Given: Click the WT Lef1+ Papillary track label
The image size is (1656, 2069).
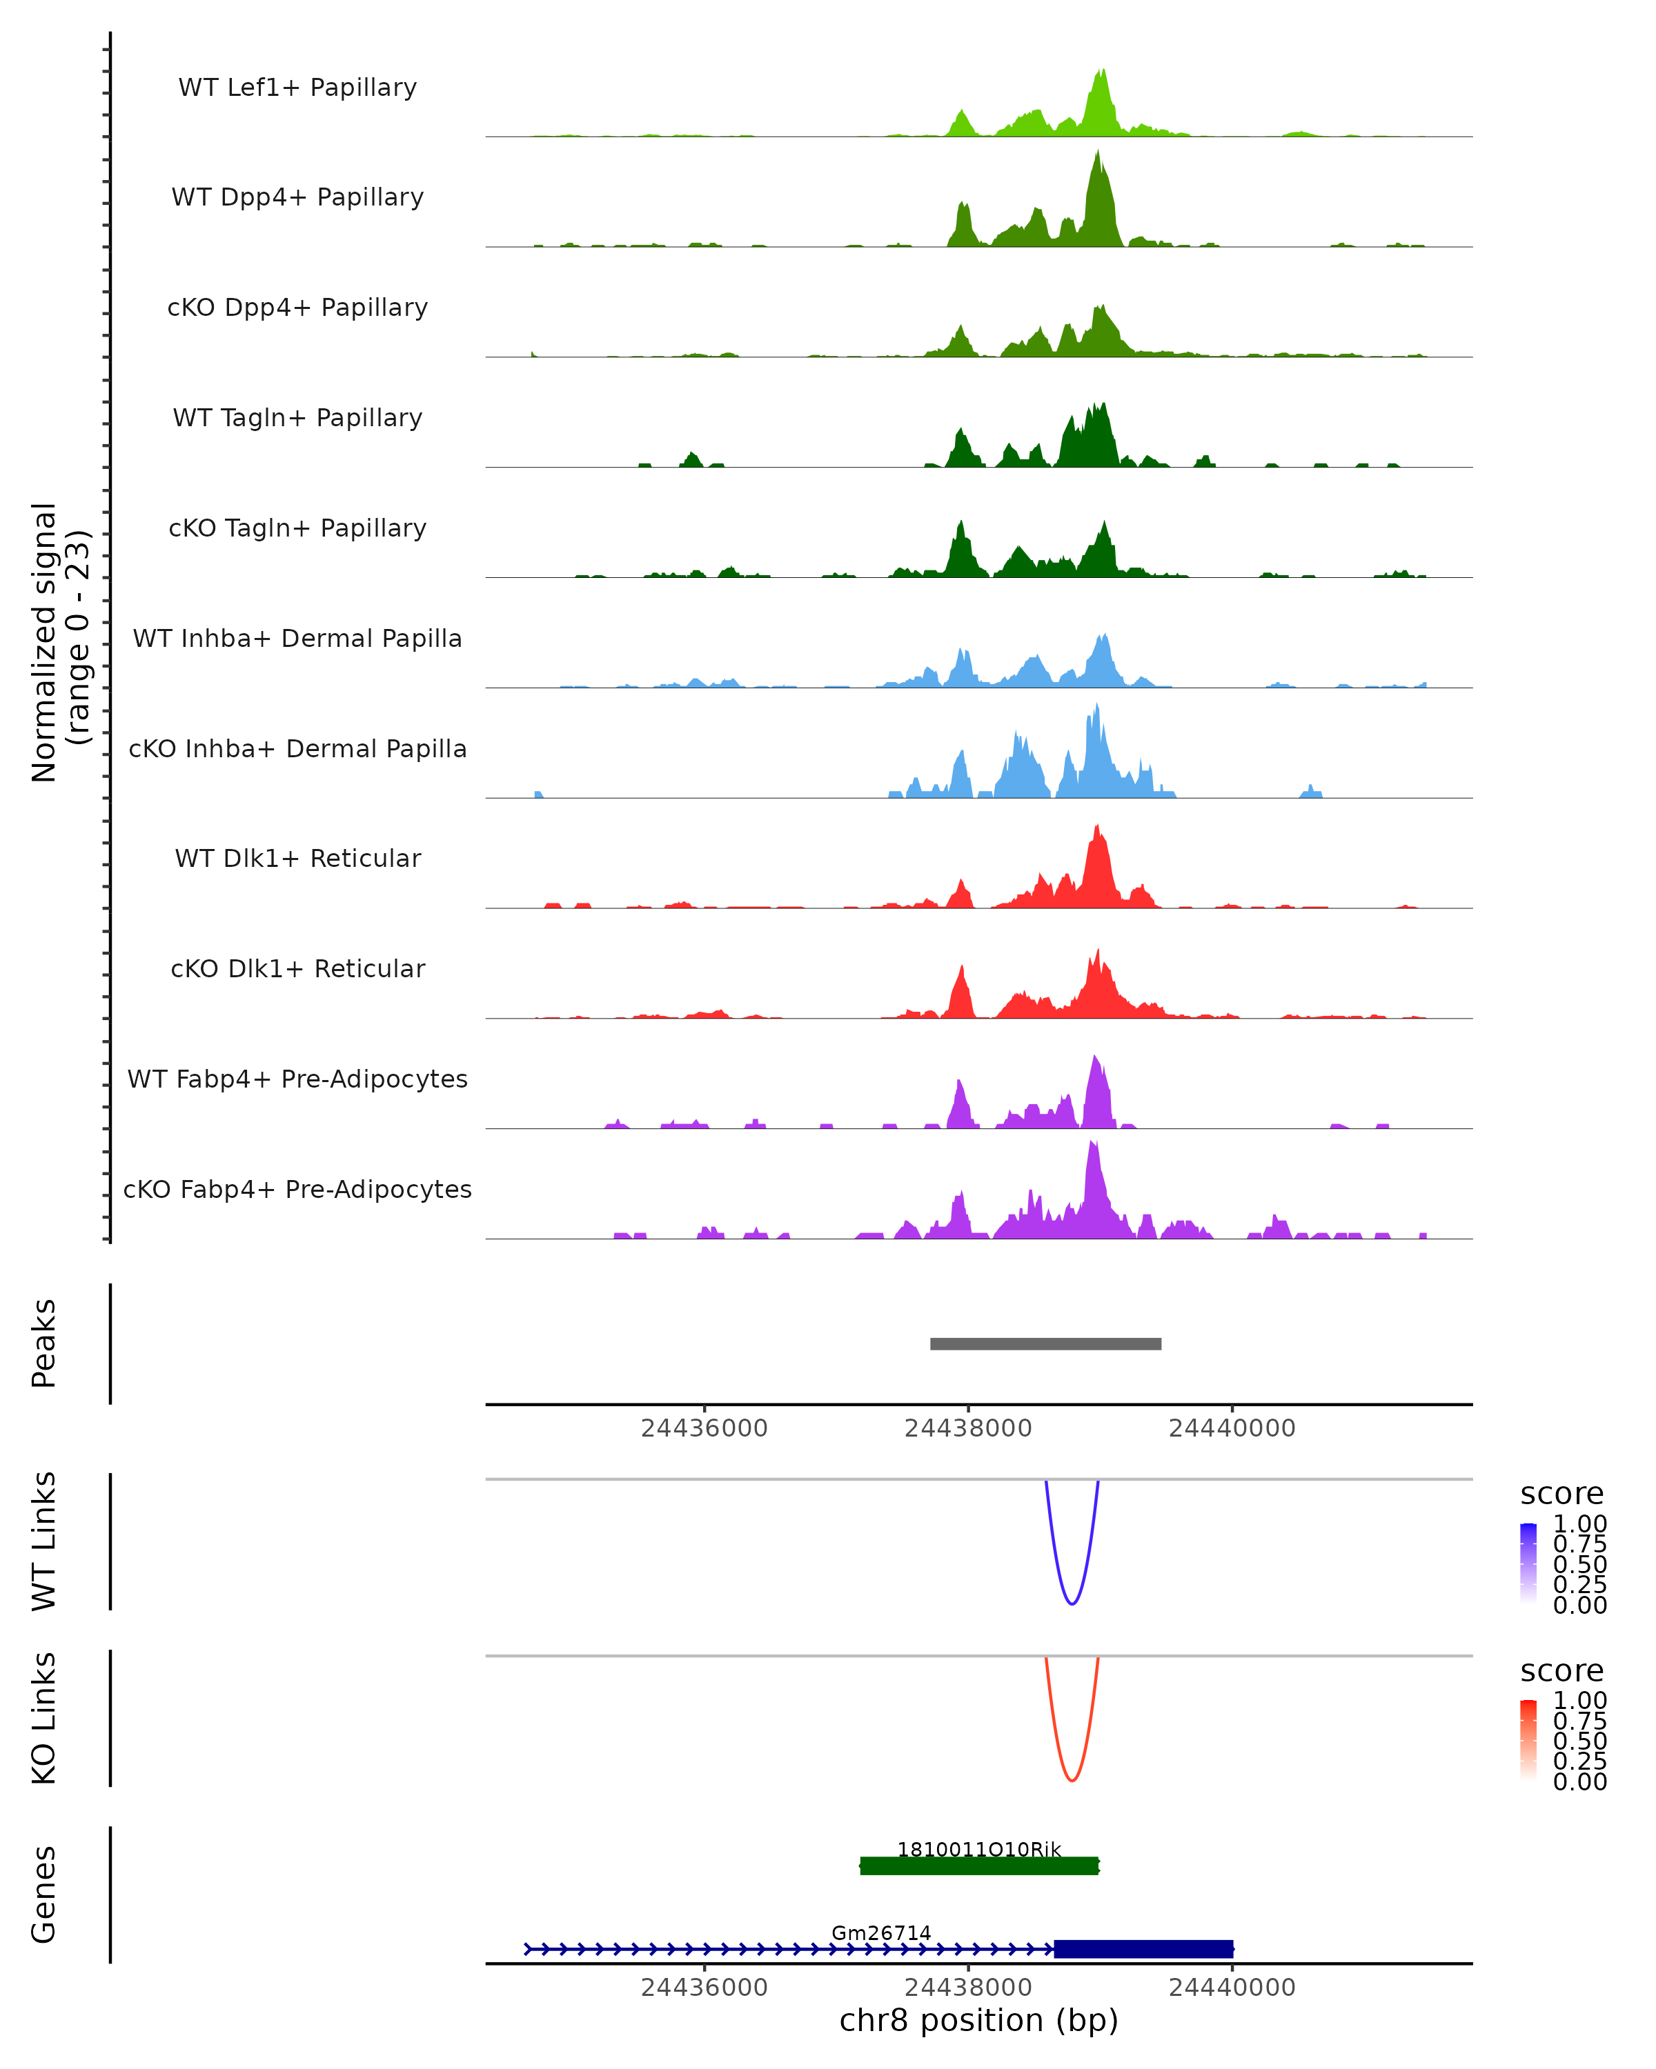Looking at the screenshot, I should point(297,88).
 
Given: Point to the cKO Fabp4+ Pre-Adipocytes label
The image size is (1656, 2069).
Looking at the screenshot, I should point(297,1189).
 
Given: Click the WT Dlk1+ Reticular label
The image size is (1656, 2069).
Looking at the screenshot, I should point(297,858).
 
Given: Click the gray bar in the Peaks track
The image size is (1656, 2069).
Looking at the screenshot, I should point(1045,1343).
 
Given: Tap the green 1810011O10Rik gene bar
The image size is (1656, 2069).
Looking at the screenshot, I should point(979,1866).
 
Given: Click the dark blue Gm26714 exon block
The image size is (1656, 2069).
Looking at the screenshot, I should point(1143,1948).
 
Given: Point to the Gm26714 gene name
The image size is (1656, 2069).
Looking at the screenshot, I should point(881,1932).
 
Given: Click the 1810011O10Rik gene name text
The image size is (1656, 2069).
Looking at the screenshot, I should point(979,1849).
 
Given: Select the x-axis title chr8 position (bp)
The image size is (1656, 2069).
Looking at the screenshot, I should point(979,2020).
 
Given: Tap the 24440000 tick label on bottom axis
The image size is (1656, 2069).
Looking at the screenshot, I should point(1232,1986).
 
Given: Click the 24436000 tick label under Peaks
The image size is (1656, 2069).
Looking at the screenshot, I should point(704,1428).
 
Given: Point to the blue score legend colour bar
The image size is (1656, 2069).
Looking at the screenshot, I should point(1528,1563).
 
